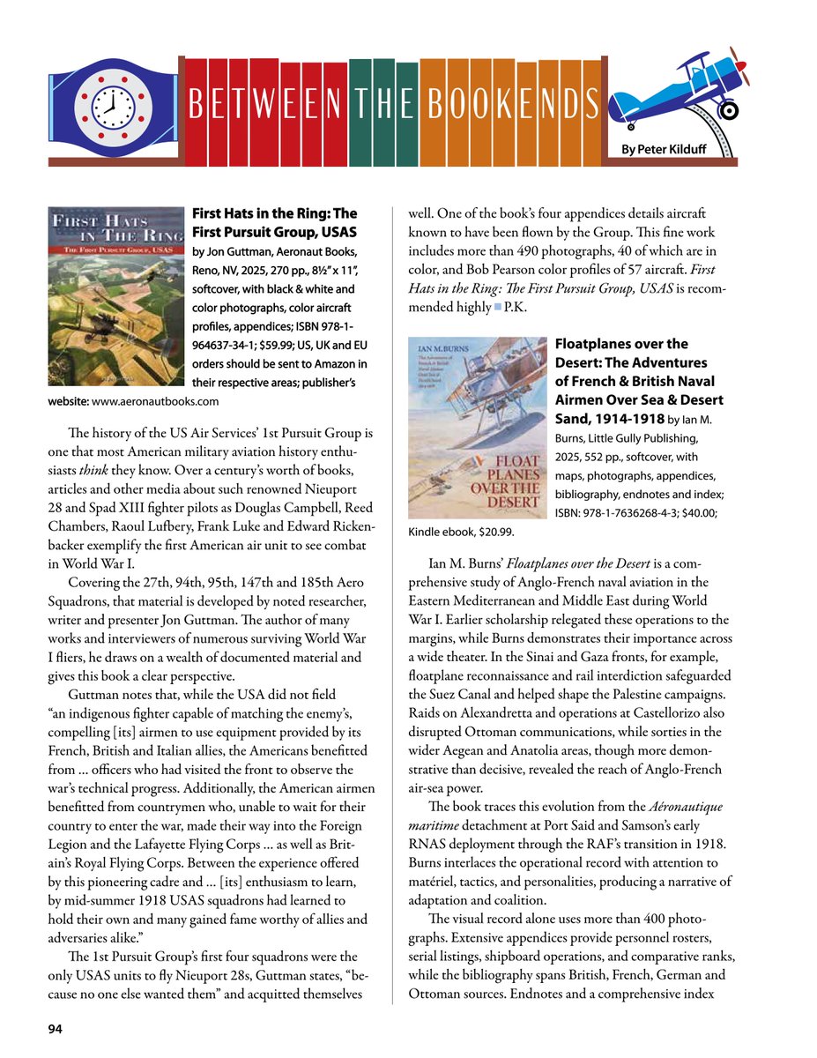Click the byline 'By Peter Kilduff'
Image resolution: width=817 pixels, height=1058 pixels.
pos(664,151)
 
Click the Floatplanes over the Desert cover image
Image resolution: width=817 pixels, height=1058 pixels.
pos(478,428)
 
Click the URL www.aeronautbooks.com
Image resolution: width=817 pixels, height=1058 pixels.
pos(155,401)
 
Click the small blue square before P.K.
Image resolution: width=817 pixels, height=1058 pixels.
pos(497,307)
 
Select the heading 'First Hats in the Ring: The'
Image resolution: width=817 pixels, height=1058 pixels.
pos(274,213)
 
